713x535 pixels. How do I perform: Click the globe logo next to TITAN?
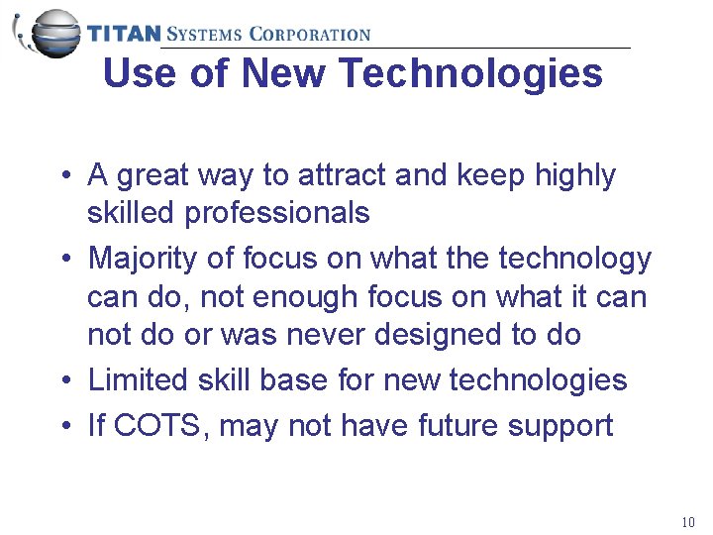(50, 32)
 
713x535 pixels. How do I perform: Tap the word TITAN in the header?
(124, 34)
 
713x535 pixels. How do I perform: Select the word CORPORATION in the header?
(310, 34)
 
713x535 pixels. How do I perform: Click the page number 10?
(688, 522)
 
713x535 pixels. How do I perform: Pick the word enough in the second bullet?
(306, 296)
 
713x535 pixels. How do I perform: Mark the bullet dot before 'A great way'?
(62, 176)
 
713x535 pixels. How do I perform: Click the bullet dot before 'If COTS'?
(62, 427)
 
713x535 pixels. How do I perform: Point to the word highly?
(574, 175)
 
